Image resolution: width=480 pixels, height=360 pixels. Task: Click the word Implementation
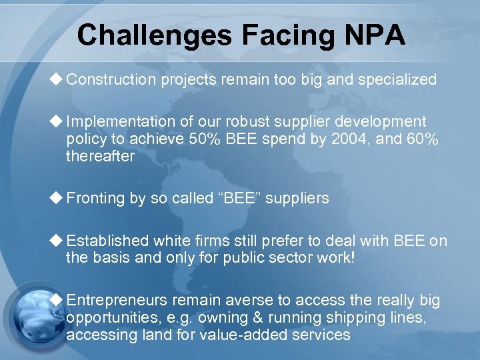pos(123,122)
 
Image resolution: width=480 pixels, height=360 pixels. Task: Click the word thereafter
pos(100,157)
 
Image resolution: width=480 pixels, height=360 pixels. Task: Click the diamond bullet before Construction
pos(57,80)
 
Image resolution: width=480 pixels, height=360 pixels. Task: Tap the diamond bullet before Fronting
pos(57,197)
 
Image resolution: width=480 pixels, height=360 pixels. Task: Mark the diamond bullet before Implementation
pos(57,121)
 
